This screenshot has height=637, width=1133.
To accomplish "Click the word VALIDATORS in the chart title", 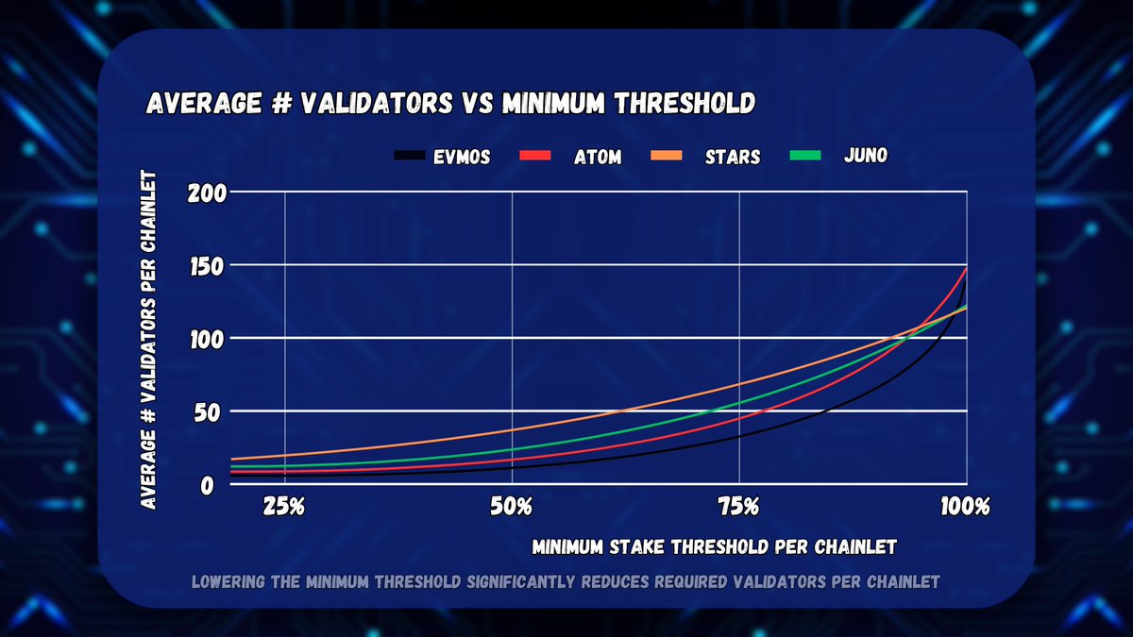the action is [378, 103].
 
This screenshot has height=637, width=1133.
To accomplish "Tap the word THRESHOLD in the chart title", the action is [685, 103].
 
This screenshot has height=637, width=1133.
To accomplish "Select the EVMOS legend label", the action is [462, 158].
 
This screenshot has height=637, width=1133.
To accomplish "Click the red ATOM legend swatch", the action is [535, 156].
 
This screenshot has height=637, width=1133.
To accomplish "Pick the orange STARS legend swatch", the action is [667, 156].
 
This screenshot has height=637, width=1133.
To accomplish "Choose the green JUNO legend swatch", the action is [805, 155].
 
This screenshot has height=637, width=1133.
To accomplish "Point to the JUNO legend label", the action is [866, 155].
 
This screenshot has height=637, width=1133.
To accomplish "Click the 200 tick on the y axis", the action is [208, 193].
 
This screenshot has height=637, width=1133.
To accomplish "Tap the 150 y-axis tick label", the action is [207, 267].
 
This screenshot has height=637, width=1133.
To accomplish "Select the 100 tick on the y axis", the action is [207, 341].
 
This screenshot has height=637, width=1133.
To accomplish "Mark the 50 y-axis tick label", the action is [208, 413].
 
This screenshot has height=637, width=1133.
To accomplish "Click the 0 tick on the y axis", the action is [208, 486].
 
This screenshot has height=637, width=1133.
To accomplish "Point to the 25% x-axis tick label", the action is [284, 507].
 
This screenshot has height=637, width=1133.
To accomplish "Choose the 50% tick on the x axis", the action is [512, 507].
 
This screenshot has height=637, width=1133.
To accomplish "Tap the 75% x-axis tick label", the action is [739, 507].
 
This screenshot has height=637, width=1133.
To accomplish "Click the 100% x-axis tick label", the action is [965, 507].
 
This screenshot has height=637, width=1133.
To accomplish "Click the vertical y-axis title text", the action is [148, 340].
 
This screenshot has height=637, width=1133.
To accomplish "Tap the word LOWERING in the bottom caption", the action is [228, 582].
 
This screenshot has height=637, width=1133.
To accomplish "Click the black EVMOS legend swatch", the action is [410, 156].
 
